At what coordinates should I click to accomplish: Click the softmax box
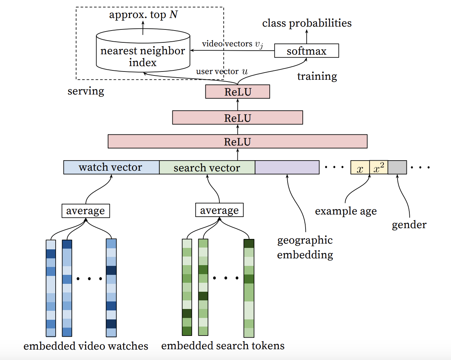(306, 51)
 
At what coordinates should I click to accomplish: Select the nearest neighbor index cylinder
(143, 50)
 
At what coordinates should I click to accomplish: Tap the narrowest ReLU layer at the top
(237, 92)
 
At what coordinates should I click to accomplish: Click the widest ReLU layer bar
(237, 141)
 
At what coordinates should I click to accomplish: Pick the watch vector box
(111, 167)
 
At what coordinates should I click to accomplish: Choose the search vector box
(207, 167)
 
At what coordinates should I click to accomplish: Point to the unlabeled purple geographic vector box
(287, 167)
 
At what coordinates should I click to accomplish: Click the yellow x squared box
(378, 167)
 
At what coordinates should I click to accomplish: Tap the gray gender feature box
(397, 167)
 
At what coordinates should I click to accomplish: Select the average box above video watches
(85, 211)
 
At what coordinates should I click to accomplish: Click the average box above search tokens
(219, 210)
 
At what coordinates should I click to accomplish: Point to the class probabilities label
(307, 23)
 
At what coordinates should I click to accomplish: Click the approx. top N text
(143, 15)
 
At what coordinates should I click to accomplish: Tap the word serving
(86, 91)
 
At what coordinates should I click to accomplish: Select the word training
(317, 76)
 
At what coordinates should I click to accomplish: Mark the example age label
(346, 211)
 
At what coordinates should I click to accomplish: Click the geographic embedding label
(305, 248)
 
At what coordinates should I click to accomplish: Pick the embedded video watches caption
(86, 346)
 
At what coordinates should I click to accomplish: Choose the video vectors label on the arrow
(232, 44)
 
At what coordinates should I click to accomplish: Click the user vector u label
(222, 71)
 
